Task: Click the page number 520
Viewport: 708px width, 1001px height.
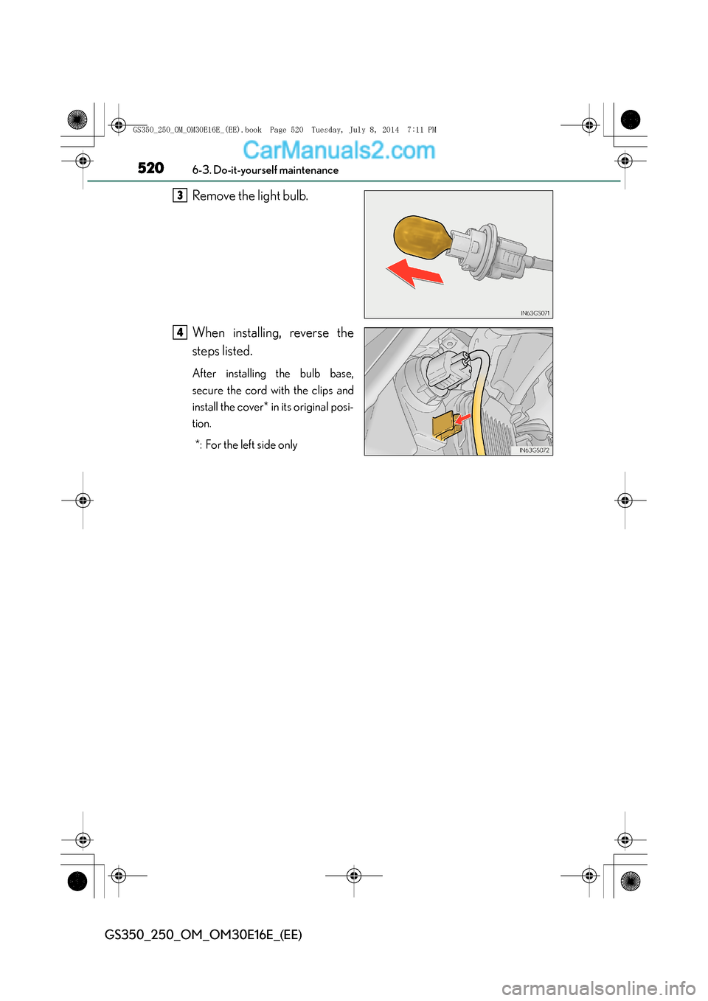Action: click(x=150, y=168)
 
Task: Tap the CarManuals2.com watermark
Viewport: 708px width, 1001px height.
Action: click(x=339, y=150)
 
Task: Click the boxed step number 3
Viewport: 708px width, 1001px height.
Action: click(x=180, y=195)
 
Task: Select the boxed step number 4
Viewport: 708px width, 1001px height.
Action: click(x=180, y=332)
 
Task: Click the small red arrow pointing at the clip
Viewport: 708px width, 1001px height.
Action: click(x=462, y=419)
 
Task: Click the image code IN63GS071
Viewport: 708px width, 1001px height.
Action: click(x=535, y=313)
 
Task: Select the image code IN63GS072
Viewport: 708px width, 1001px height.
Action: click(x=534, y=450)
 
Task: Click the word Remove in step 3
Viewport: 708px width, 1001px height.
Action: click(x=213, y=196)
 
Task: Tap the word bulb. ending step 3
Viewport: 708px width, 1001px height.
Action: click(x=295, y=196)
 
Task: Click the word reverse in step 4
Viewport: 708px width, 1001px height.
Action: click(x=309, y=333)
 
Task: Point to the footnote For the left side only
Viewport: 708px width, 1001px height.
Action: click(x=251, y=445)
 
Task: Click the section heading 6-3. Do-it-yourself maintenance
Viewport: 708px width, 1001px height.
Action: click(x=265, y=170)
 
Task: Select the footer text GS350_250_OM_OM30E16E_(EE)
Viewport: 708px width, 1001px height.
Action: click(x=204, y=935)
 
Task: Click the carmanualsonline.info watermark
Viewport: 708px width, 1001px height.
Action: click(x=598, y=988)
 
